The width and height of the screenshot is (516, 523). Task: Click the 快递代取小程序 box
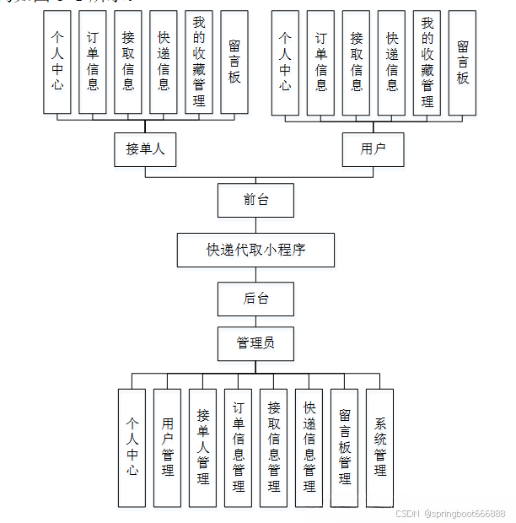(255, 250)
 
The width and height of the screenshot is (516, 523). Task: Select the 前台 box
(255, 200)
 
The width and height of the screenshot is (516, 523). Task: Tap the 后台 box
(255, 298)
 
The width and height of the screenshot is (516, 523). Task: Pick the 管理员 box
(255, 343)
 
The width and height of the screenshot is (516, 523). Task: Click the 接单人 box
(145, 149)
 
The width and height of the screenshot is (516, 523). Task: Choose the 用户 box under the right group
(373, 149)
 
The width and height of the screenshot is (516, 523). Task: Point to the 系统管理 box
(380, 447)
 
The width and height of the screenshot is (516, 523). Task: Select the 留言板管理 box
(345, 447)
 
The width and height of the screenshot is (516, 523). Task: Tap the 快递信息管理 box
(309, 447)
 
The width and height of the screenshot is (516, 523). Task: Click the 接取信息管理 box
(274, 447)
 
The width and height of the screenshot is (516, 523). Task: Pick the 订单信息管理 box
(239, 447)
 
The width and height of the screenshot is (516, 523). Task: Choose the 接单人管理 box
(203, 447)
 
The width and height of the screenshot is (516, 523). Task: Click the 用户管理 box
(168, 447)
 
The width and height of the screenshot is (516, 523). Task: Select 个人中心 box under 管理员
(132, 447)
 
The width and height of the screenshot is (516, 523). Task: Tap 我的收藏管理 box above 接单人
(199, 62)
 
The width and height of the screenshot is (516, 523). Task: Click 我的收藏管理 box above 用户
(427, 62)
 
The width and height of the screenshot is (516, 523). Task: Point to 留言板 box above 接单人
(234, 62)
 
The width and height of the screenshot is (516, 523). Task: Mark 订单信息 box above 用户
(321, 62)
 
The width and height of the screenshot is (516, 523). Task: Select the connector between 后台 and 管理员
(255, 321)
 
